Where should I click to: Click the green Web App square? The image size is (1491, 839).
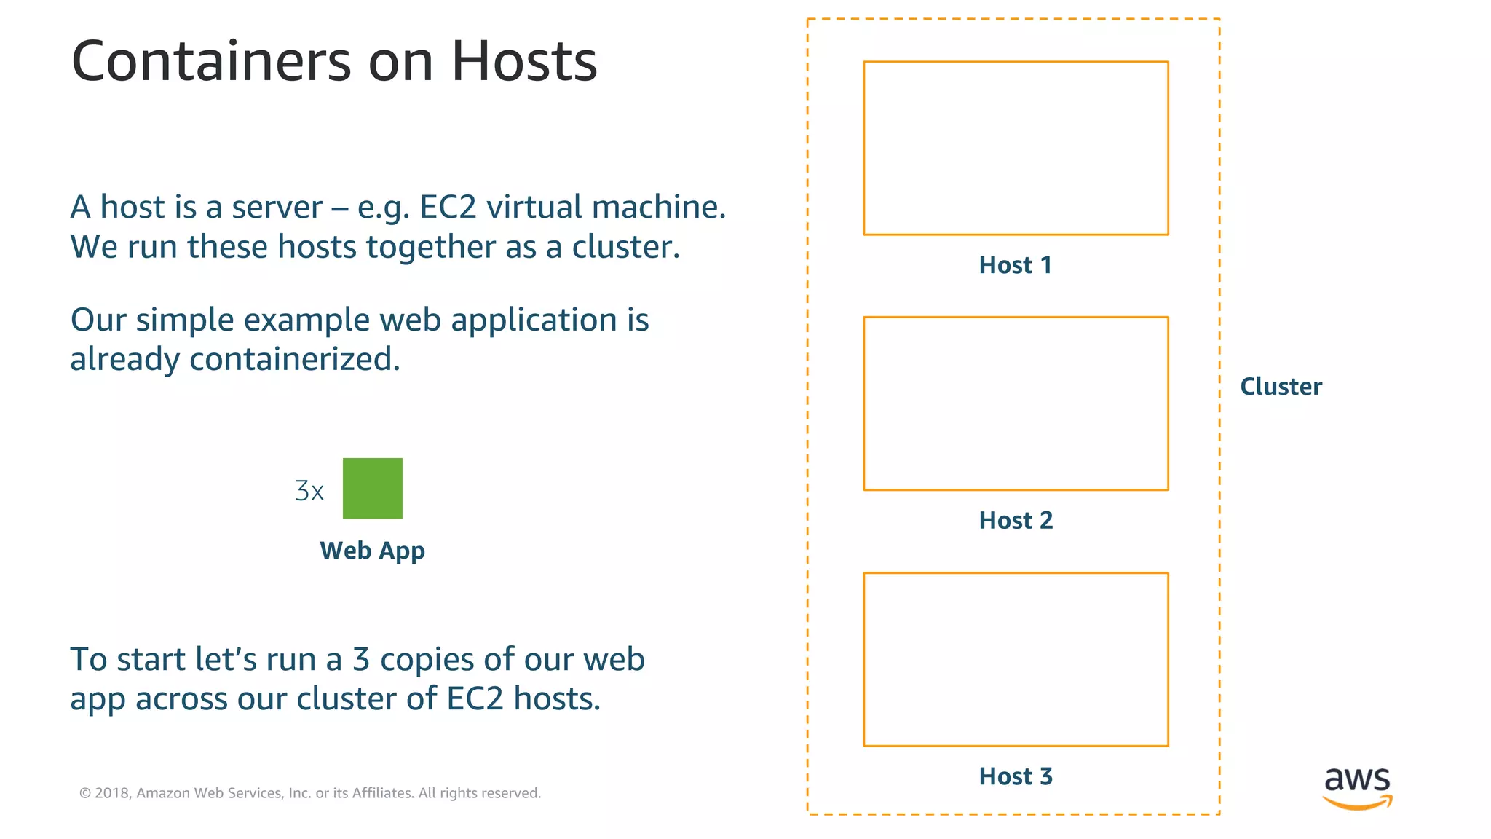click(372, 488)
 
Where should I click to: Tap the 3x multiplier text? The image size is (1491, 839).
click(309, 491)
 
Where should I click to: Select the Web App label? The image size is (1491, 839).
click(372, 551)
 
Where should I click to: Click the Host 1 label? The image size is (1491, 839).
click(1016, 265)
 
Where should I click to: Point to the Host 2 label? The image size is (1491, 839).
click(1016, 521)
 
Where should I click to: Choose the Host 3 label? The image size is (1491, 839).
click(1016, 776)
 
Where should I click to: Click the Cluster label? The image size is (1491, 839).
click(1281, 387)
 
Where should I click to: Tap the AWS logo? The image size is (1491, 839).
click(1357, 787)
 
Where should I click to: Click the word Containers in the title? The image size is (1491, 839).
click(211, 61)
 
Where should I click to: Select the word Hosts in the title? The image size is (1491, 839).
click(524, 61)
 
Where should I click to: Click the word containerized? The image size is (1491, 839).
click(295, 359)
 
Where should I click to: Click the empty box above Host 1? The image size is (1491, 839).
click(1016, 149)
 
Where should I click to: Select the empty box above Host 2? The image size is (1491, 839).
click(1016, 403)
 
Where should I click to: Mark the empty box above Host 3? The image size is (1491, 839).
click(1016, 659)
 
